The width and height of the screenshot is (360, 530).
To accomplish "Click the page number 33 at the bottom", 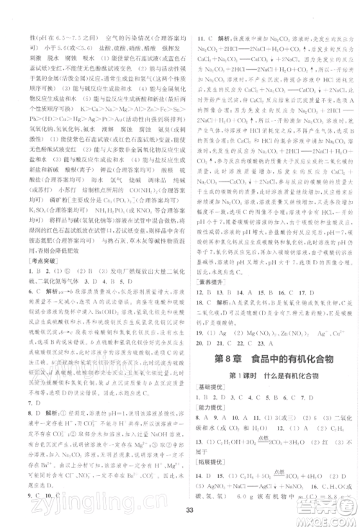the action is click(179, 511).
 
